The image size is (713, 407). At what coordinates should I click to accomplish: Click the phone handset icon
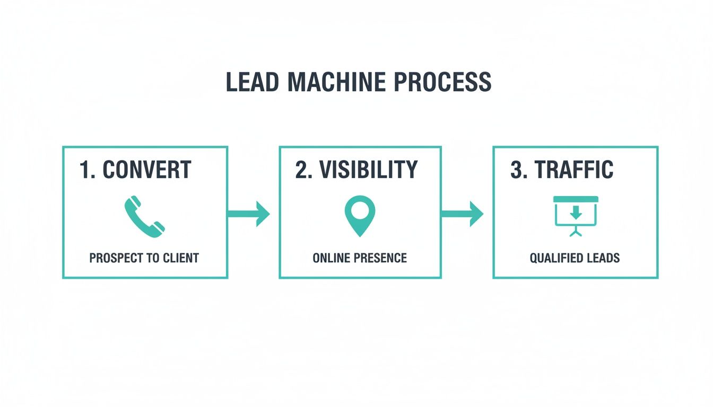click(145, 216)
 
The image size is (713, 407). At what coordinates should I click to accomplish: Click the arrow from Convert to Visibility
click(249, 214)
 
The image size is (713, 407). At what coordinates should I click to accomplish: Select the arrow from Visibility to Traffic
click(462, 214)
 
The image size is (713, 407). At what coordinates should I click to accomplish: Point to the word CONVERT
click(147, 170)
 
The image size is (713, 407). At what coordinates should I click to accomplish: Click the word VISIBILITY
click(370, 170)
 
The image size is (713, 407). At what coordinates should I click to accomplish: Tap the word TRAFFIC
click(574, 170)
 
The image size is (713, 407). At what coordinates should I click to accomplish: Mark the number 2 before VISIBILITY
click(301, 170)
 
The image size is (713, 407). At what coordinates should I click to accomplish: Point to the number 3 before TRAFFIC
click(516, 170)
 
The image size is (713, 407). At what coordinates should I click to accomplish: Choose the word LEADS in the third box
click(603, 258)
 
